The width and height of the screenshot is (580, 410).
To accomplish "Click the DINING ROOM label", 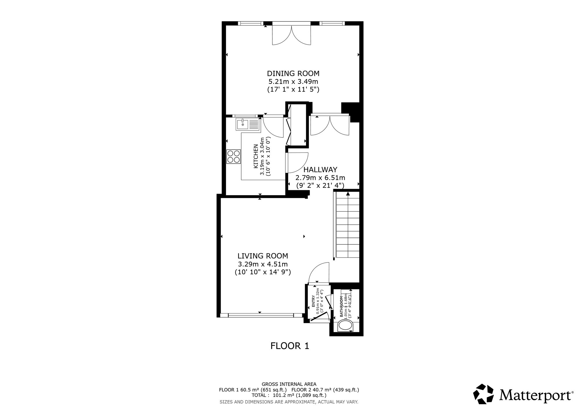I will tap(293, 73).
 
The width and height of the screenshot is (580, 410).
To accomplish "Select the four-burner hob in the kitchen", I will tap(234, 156).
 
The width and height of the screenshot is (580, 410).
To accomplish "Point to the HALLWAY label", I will tap(320, 169).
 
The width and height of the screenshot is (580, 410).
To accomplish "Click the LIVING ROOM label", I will tap(263, 256).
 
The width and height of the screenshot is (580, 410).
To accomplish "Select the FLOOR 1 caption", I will tap(290, 346).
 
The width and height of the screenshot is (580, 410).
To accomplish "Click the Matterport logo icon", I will tap(483, 402).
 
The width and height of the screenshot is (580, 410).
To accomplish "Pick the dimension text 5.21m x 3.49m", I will tap(293, 81).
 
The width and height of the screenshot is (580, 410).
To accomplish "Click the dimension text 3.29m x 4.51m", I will tap(263, 264).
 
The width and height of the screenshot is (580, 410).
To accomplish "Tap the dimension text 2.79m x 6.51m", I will tap(320, 177).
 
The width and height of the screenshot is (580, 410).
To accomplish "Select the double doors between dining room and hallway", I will tap(329, 125).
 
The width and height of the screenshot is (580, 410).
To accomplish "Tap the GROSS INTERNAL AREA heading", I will tap(289, 384).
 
